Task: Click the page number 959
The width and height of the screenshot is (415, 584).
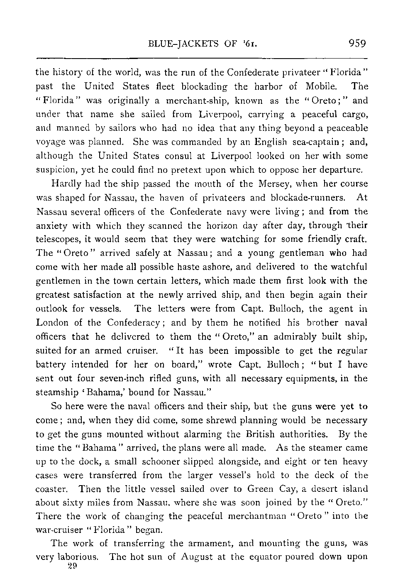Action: [x=356, y=43]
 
